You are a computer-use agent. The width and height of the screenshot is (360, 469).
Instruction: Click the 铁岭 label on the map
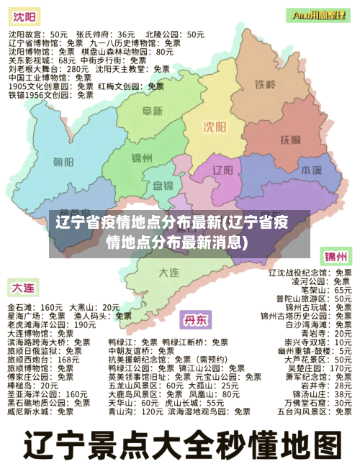265,85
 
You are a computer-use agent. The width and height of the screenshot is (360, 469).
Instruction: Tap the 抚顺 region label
291,139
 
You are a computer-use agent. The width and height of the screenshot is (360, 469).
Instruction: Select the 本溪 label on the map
311,170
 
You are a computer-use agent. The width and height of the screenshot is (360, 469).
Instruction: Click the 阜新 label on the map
152,111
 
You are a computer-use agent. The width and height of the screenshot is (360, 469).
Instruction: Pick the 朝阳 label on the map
63,161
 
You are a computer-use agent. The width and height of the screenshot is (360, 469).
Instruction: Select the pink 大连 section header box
22,288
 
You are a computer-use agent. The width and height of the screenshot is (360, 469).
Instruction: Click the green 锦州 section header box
336,257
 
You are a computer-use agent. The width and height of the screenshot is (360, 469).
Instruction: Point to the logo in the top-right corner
320,14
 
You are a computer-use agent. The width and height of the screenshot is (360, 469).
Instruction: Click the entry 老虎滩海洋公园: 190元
51,324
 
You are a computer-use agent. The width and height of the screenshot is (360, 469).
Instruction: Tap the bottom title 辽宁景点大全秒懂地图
180,444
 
